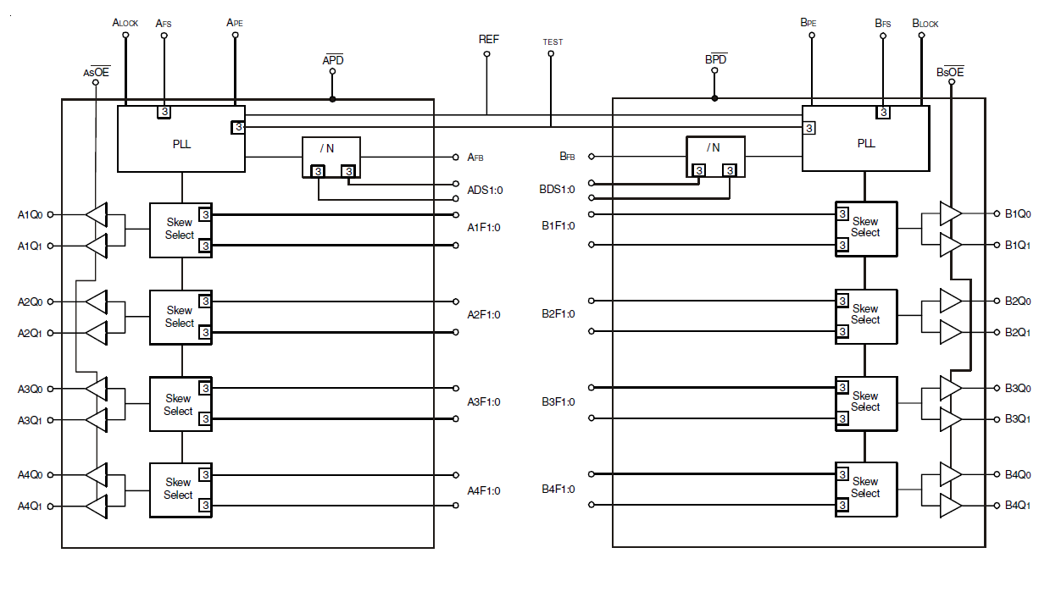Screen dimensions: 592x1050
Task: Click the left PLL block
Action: pyautogui.click(x=181, y=139)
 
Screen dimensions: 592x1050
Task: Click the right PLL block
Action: pyautogui.click(x=865, y=139)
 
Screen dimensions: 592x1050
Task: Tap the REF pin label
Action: pyautogui.click(x=489, y=39)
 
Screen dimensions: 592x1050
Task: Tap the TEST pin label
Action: pyautogui.click(x=552, y=41)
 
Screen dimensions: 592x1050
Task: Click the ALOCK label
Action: pyautogui.click(x=125, y=23)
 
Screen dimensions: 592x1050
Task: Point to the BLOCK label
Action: pyautogui.click(x=925, y=23)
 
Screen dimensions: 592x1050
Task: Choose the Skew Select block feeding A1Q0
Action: pyautogui.click(x=181, y=230)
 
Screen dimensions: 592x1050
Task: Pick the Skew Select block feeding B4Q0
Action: pyautogui.click(x=865, y=488)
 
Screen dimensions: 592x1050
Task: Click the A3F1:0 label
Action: pyautogui.click(x=484, y=402)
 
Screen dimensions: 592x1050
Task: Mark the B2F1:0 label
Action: pyautogui.click(x=558, y=314)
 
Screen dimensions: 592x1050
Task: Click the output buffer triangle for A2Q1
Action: pyautogui.click(x=97, y=333)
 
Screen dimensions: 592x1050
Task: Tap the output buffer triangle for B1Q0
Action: pyautogui.click(x=951, y=213)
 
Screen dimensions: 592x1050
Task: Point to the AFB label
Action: pyautogui.click(x=475, y=157)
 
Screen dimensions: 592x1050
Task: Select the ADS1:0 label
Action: pyautogui.click(x=485, y=190)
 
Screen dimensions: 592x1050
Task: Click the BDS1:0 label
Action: pyautogui.click(x=558, y=190)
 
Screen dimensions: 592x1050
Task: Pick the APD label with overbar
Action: pyautogui.click(x=333, y=60)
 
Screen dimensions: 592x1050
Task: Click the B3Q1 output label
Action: pyautogui.click(x=1018, y=419)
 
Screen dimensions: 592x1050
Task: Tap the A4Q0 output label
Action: pyautogui.click(x=31, y=475)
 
